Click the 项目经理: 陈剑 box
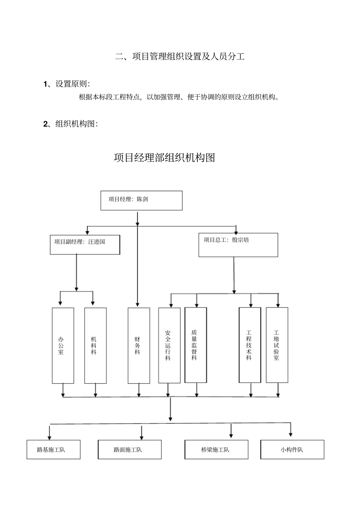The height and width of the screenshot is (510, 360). (x=141, y=201)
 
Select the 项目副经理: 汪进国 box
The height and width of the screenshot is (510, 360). (x=85, y=245)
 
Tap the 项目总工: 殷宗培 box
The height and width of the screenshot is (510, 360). (x=238, y=245)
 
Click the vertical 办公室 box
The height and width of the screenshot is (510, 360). (x=63, y=345)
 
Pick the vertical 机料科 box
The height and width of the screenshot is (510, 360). (x=95, y=345)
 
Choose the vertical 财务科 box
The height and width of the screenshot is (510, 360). (x=139, y=345)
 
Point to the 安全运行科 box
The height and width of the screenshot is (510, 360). (x=169, y=345)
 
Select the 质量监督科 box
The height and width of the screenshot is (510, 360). (x=196, y=345)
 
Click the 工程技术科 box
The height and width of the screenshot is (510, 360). (x=250, y=345)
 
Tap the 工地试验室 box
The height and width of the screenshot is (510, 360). (x=277, y=345)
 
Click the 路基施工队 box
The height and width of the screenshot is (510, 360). (x=53, y=450)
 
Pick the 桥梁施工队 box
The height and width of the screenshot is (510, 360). (x=216, y=450)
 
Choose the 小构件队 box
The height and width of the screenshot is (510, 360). (x=292, y=450)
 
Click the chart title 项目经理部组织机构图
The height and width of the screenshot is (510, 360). (x=164, y=158)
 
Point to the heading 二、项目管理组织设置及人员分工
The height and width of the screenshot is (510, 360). (x=180, y=57)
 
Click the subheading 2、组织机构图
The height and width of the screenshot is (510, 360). (x=70, y=124)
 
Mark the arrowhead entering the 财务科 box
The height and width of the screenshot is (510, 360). (x=137, y=304)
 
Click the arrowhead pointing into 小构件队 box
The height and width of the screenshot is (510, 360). (x=291, y=434)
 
